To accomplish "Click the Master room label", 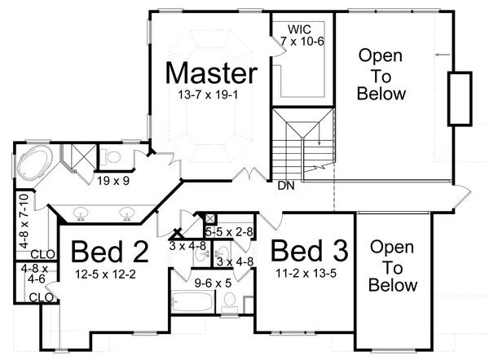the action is pyautogui.click(x=211, y=73).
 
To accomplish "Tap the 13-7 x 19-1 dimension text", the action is pyautogui.click(x=208, y=94).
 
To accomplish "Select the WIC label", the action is pyautogui.click(x=299, y=29).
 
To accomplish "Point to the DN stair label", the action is pyautogui.click(x=286, y=186).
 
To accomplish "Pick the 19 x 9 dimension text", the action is pyautogui.click(x=113, y=181).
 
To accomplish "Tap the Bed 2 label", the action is pyautogui.click(x=110, y=251).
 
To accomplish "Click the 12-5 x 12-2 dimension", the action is pyautogui.click(x=105, y=274).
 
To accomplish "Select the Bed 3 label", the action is pyautogui.click(x=309, y=250).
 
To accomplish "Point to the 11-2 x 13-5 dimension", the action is pyautogui.click(x=306, y=274).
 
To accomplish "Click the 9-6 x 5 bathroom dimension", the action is pyautogui.click(x=213, y=283).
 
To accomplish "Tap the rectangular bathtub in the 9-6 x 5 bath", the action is pyautogui.click(x=192, y=301).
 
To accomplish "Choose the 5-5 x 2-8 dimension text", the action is pyautogui.click(x=229, y=232).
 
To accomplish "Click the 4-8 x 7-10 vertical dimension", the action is pyautogui.click(x=24, y=221).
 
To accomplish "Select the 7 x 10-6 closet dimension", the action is pyautogui.click(x=302, y=41).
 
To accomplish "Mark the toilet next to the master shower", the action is pyautogui.click(x=112, y=156).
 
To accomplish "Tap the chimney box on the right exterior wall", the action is pyautogui.click(x=460, y=99).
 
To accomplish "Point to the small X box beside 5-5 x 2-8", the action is pyautogui.click(x=210, y=219).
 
